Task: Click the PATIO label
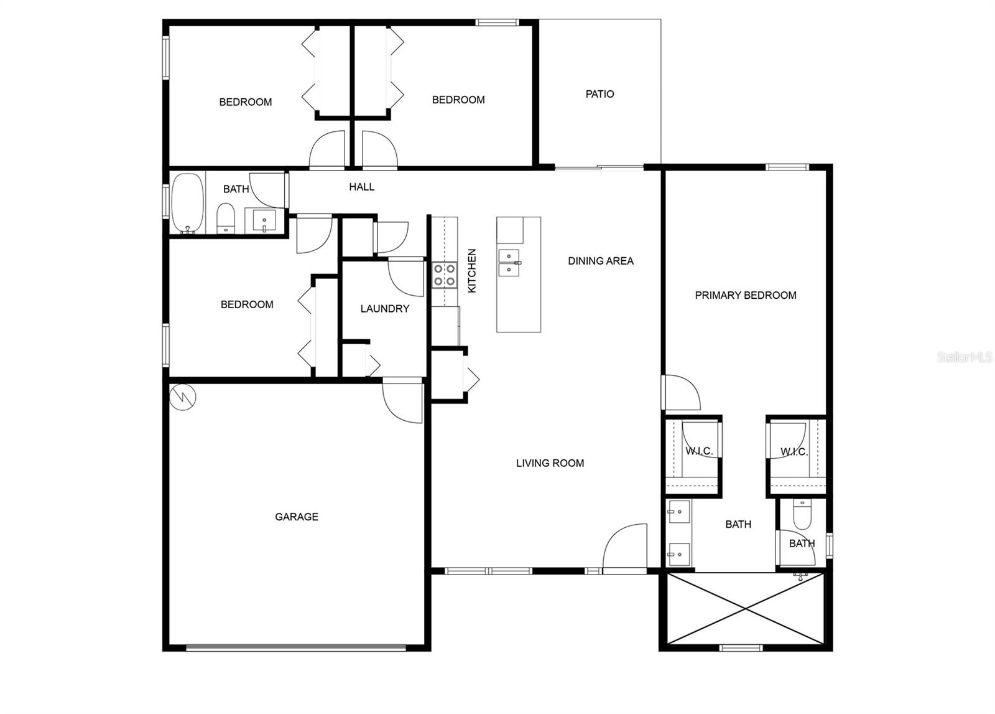pos(599,94)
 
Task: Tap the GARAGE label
pos(297,517)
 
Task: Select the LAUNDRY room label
pos(384,309)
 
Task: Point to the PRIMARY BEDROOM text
pos(745,295)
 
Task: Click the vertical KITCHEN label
pos(472,271)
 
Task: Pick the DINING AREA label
pos(600,261)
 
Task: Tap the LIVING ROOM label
pos(550,463)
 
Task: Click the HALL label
pos(361,187)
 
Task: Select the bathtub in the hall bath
pos(188,203)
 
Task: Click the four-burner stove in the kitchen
pos(445,275)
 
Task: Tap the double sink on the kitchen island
pos(509,263)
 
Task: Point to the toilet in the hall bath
pos(225,219)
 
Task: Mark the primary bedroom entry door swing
pos(682,393)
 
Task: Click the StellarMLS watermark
pos(965,357)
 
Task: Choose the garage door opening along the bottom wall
pos(296,647)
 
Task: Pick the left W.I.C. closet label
pos(698,451)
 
